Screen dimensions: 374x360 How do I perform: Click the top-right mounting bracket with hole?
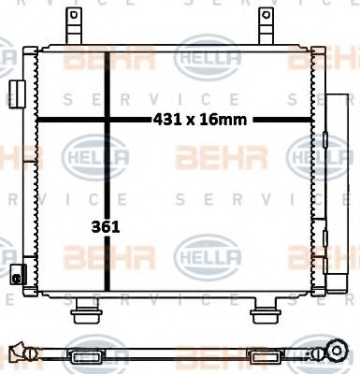click(x=266, y=22)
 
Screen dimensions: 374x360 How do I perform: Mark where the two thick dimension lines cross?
click(x=110, y=120)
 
